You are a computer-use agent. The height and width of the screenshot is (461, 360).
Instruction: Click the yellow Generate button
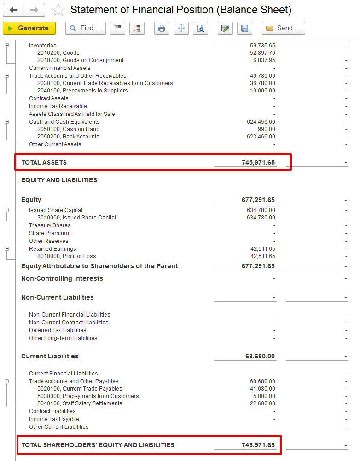tap(29, 28)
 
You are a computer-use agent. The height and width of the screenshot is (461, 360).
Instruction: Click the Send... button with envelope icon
tap(283, 28)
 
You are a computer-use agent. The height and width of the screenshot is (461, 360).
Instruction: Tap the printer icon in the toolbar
tap(162, 28)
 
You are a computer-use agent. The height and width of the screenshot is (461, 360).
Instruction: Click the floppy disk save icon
tap(244, 28)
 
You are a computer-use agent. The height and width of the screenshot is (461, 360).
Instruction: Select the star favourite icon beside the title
tap(58, 10)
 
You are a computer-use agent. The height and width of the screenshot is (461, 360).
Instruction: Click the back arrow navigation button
tap(14, 10)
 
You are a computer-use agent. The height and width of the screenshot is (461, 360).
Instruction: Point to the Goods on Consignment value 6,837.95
tap(264, 60)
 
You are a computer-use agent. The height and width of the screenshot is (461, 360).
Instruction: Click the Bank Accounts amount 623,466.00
tap(261, 137)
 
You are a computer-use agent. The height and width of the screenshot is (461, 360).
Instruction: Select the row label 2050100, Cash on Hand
tap(68, 129)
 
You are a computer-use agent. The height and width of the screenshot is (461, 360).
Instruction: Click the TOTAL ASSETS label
tap(44, 162)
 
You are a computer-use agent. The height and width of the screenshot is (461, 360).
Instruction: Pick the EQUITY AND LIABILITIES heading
tap(59, 180)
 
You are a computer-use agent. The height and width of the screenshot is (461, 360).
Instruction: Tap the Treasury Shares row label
tap(50, 225)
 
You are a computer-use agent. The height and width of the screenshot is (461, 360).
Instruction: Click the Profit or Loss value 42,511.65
tap(263, 256)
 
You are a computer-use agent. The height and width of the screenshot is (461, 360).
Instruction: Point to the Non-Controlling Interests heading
tap(62, 278)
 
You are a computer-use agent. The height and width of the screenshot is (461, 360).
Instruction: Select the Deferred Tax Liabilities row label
tap(58, 330)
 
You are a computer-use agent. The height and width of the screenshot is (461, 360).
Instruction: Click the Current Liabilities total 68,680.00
tap(260, 356)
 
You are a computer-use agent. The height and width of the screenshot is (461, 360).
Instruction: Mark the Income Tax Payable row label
tap(54, 419)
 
